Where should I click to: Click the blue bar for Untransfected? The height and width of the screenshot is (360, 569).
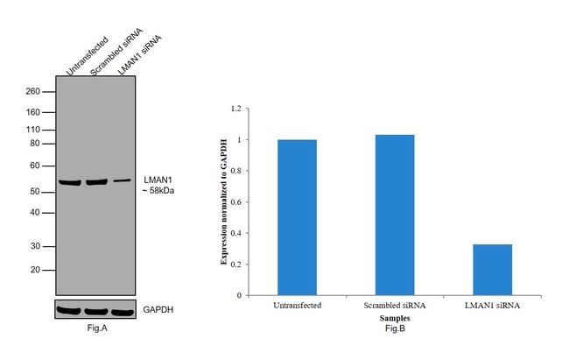(x=297, y=217)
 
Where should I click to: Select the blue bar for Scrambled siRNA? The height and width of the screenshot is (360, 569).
(x=395, y=215)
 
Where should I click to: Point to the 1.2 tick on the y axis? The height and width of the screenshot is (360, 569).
(x=235, y=109)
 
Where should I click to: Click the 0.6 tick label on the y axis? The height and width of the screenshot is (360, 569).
(x=235, y=202)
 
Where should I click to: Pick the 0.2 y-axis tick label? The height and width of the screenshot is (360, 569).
(x=235, y=265)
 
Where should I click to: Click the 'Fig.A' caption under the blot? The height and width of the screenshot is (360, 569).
(x=95, y=328)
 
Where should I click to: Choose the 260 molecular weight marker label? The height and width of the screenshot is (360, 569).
(x=33, y=91)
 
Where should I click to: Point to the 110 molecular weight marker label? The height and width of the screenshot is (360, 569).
(x=33, y=129)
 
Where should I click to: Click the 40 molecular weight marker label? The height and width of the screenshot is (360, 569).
(x=35, y=212)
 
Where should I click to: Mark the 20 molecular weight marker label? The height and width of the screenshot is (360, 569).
(x=35, y=270)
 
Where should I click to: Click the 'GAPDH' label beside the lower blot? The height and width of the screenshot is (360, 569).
(x=158, y=310)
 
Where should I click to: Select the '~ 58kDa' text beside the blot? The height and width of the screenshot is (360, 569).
(x=159, y=190)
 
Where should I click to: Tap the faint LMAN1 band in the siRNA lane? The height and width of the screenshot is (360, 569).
(x=122, y=180)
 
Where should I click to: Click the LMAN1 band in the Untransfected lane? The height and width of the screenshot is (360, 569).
(x=69, y=182)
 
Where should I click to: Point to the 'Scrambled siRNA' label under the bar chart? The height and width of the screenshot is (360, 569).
(x=395, y=305)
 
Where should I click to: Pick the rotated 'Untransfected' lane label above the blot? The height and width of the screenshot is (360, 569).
(x=87, y=57)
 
